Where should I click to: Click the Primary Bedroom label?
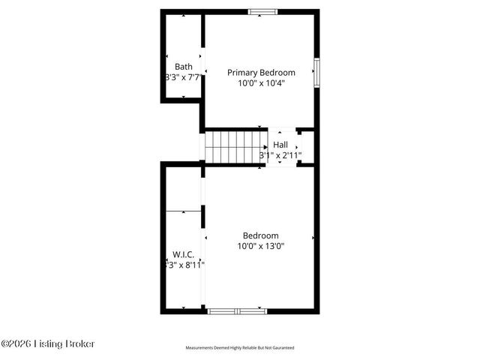pos(261,73)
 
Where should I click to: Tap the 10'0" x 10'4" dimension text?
pos(261,82)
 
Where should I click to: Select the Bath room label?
pos(184,67)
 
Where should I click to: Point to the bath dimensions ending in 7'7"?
pos(183,77)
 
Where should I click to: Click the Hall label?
pos(280,145)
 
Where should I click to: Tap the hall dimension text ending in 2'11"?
pos(280,155)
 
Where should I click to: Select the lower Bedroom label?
pos(261,235)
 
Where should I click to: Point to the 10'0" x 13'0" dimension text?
pos(261,245)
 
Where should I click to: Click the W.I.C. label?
pos(183,254)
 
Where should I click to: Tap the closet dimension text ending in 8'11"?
pos(184,264)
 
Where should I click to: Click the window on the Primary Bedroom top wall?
pos(261,12)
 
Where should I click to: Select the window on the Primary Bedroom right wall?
pos(316,72)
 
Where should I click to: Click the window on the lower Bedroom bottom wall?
pos(235,310)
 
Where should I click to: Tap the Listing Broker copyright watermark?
pos(48,344)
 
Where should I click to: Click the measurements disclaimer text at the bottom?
pos(240,348)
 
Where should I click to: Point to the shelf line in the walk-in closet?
pos(183,211)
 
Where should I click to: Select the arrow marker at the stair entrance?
pos(265,145)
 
